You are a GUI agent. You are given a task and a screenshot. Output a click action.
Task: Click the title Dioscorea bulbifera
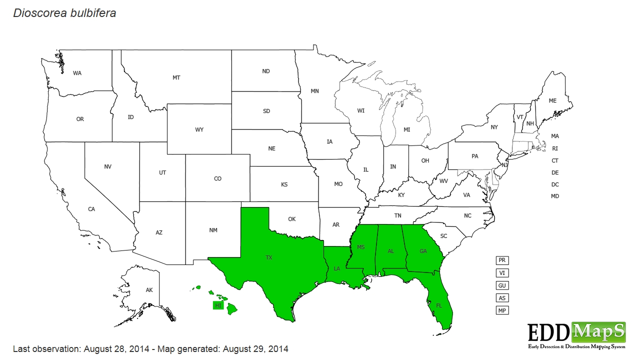tap(64, 13)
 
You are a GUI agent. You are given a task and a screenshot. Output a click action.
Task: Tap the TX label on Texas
tap(269, 257)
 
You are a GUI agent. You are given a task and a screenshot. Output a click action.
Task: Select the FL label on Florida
tap(439, 305)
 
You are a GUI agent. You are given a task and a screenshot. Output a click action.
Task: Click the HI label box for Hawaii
tap(218, 305)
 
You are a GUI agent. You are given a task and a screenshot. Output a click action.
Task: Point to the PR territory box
tap(502, 260)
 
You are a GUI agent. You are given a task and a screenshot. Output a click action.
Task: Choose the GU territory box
tap(502, 285)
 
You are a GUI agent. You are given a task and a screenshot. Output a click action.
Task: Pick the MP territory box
tap(502, 310)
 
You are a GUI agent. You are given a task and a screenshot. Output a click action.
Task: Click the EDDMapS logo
tap(576, 334)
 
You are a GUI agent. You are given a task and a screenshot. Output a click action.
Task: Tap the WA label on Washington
tap(77, 73)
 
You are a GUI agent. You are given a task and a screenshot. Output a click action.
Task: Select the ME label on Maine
tap(552, 100)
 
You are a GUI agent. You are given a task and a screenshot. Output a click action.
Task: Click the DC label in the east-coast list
tap(555, 184)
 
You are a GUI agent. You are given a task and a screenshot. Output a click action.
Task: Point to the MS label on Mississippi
tap(361, 247)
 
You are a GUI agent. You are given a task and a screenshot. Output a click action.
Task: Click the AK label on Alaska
tap(149, 290)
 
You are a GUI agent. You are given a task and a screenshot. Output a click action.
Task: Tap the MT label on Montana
tap(176, 77)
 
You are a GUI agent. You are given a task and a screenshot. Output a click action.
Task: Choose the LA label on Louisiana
tap(337, 268)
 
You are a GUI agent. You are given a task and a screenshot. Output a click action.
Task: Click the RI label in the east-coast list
tap(555, 148)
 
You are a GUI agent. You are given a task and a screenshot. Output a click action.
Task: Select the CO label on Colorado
tap(217, 178)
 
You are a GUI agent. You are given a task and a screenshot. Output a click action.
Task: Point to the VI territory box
tap(502, 273)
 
